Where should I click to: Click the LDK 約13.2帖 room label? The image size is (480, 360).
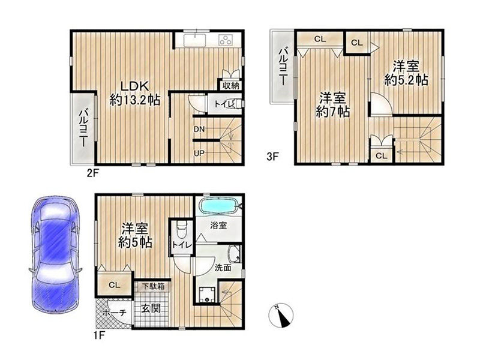click(134, 93)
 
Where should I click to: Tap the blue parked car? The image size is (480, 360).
click(56, 254)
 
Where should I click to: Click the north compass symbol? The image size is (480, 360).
click(281, 316)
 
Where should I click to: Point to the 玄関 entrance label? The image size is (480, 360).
click(151, 308)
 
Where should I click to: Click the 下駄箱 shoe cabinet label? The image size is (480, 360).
click(153, 287)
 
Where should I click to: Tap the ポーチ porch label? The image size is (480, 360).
click(114, 313)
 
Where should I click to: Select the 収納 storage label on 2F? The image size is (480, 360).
click(231, 86)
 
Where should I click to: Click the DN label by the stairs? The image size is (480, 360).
click(199, 129)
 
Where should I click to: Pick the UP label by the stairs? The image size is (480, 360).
click(199, 153)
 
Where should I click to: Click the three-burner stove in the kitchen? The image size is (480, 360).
click(226, 40)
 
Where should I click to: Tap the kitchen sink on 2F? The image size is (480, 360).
click(194, 40)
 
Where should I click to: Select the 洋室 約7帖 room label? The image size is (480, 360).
click(333, 104)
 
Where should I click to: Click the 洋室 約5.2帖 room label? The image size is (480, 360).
click(406, 73)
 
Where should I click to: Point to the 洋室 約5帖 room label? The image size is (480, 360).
click(135, 235)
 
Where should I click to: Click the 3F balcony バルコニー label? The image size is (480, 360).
click(282, 67)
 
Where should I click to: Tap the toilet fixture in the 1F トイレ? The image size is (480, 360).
click(181, 228)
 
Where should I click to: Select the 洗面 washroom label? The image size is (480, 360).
click(223, 268)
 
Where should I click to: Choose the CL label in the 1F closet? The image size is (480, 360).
click(114, 286)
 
